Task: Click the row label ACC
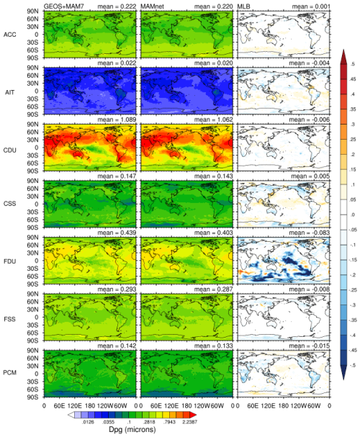point(11,35)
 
